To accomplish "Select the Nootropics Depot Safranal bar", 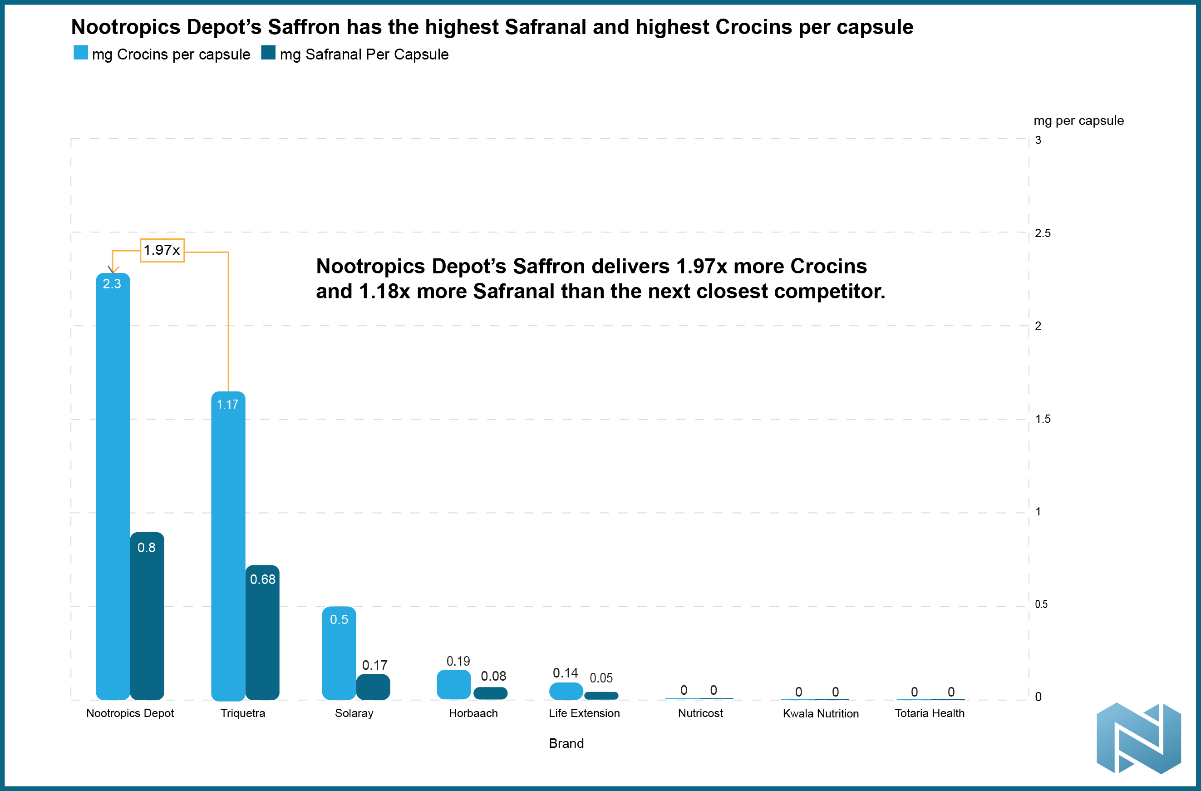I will (147, 616).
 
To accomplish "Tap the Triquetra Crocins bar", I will (228, 545).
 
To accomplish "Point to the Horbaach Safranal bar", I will (491, 693).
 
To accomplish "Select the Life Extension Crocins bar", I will (566, 691).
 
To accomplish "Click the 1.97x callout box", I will (162, 250).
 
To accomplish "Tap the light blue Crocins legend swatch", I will (81, 53).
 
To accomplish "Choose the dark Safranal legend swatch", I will (268, 53).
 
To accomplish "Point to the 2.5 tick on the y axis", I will (1043, 233).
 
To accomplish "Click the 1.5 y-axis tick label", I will (1043, 419).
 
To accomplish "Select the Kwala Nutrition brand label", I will (821, 713).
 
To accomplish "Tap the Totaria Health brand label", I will (930, 713).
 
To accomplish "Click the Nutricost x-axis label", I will (700, 713).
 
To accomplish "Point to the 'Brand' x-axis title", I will (566, 743).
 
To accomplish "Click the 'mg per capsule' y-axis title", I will (1078, 121).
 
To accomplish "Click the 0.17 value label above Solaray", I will (374, 665).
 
